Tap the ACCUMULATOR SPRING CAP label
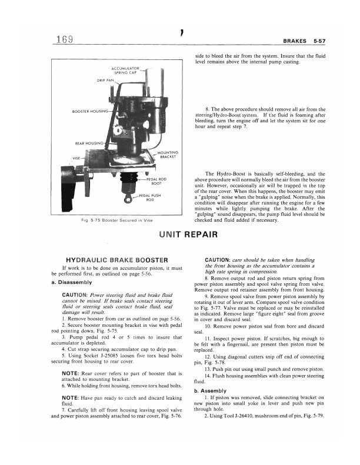coord(124,71)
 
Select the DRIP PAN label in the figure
coord(105,80)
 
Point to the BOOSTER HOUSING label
coord(89,110)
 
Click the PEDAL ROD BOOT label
coord(157,180)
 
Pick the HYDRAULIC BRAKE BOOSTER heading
coord(116,259)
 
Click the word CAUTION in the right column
coord(221,259)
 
